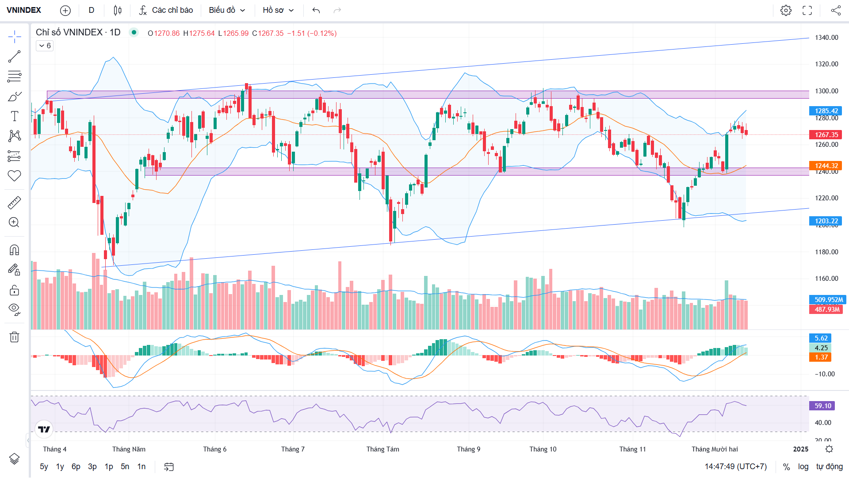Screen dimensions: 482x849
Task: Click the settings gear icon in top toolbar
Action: click(x=786, y=10)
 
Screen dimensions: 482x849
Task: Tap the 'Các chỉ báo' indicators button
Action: click(x=166, y=10)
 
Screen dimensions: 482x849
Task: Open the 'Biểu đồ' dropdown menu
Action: click(x=227, y=10)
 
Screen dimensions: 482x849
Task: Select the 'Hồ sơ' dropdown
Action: click(x=278, y=10)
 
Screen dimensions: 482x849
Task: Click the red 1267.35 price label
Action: click(x=826, y=135)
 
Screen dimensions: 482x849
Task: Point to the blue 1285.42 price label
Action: click(x=826, y=111)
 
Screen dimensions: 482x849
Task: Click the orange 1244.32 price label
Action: click(x=826, y=166)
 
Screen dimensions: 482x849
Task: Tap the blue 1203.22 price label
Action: click(x=826, y=221)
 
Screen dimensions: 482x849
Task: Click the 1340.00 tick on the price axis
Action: click(x=826, y=38)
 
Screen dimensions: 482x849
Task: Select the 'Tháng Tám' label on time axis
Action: click(x=382, y=449)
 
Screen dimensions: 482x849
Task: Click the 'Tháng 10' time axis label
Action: click(x=543, y=449)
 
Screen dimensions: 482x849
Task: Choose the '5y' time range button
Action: click(x=44, y=467)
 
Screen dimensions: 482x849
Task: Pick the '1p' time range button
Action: click(x=109, y=467)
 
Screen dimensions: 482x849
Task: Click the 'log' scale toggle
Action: click(x=803, y=467)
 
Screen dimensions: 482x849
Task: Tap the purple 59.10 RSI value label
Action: click(x=822, y=406)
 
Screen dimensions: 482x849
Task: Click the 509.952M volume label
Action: click(x=828, y=300)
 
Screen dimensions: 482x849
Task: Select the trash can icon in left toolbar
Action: click(x=14, y=337)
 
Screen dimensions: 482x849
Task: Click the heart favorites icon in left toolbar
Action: click(x=14, y=176)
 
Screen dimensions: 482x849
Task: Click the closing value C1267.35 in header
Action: click(x=268, y=34)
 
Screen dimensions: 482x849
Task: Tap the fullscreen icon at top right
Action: click(x=807, y=10)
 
